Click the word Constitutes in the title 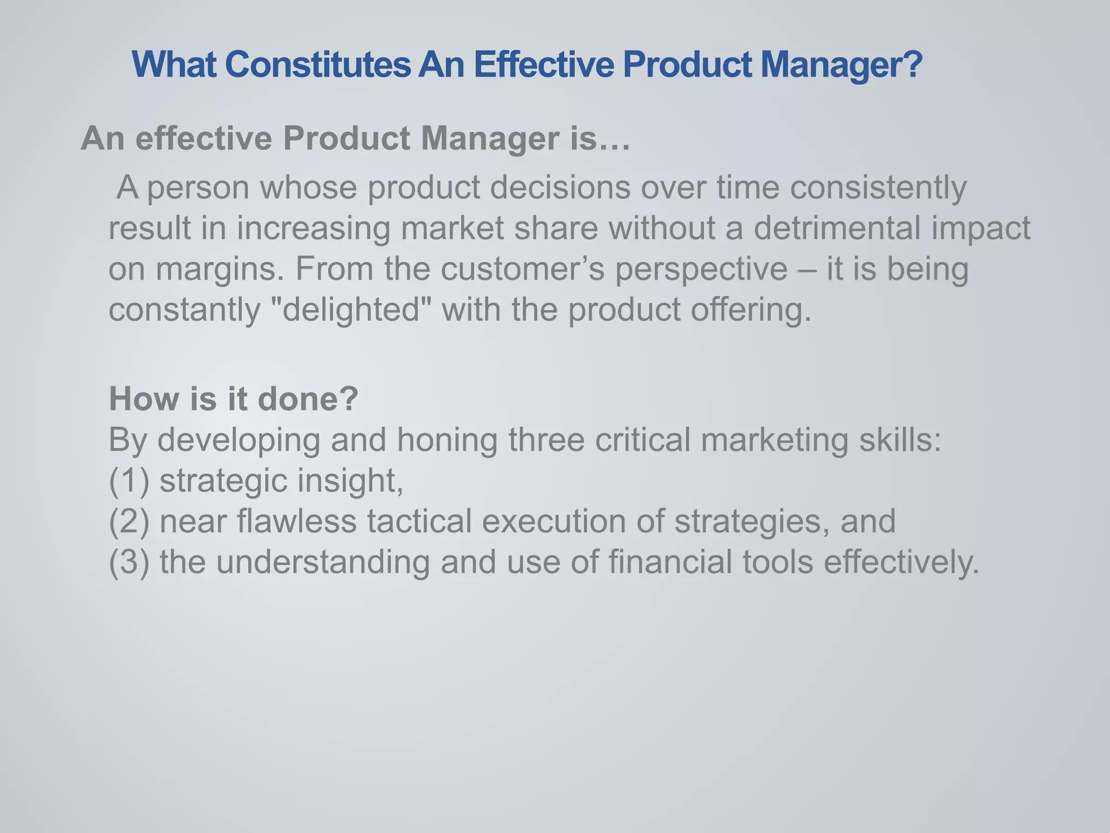(x=318, y=65)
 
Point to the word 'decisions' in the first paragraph (x=560, y=187)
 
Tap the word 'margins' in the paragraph (x=217, y=270)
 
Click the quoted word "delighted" (x=350, y=310)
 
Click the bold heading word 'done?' (x=308, y=399)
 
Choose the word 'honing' (x=447, y=440)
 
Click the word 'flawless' (x=296, y=521)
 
